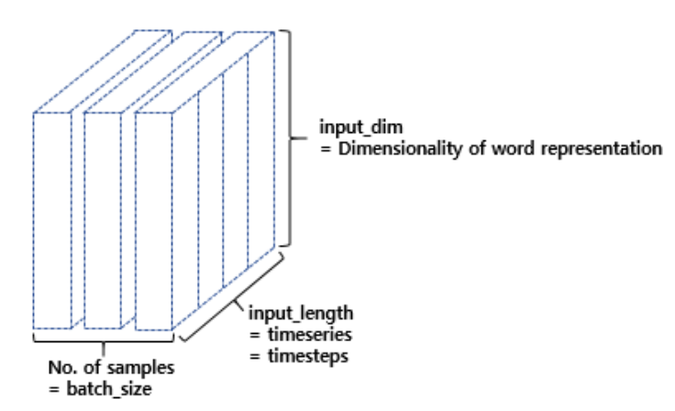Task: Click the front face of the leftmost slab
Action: (52, 220)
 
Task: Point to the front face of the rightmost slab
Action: (154, 220)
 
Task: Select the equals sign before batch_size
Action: (55, 387)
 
